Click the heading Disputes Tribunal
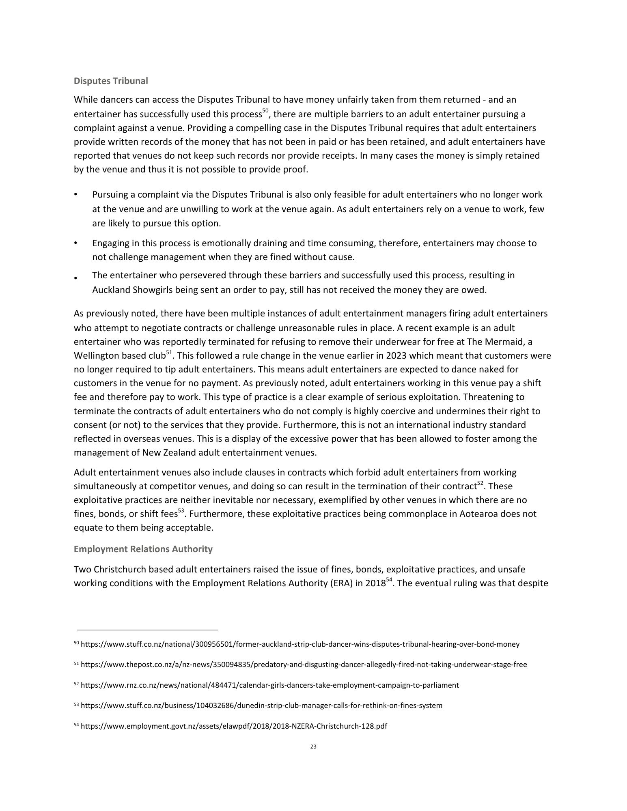111,81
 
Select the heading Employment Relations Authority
143,549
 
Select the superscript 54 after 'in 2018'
389,581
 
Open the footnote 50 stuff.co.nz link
300,644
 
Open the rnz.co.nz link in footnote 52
269,685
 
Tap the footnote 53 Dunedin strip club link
261,706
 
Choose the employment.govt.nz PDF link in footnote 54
234,726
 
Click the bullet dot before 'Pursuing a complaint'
76,195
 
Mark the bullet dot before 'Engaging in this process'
76,243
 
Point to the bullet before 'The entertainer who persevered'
76,278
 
